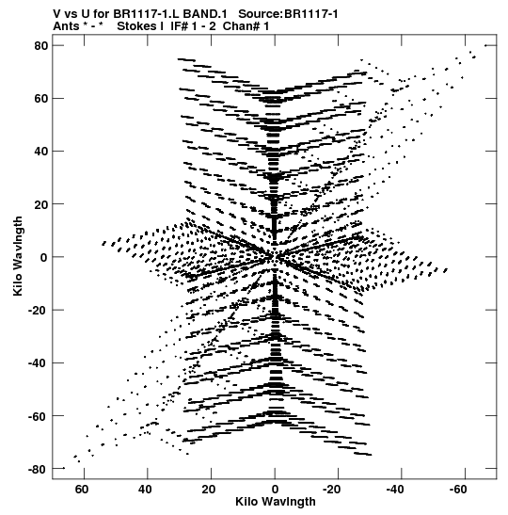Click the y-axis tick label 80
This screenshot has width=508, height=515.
(41, 45)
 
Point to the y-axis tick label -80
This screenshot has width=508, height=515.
(38, 470)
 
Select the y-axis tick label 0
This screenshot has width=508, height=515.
(44, 257)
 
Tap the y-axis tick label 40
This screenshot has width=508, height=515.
(41, 152)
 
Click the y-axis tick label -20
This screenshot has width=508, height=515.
(38, 310)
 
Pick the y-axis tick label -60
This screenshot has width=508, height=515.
(38, 416)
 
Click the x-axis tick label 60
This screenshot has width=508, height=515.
(82, 490)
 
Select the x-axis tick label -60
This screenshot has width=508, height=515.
(458, 490)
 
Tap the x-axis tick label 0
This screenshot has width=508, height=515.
(275, 490)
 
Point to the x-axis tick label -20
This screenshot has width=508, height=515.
(331, 490)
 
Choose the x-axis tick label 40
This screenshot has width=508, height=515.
(145, 490)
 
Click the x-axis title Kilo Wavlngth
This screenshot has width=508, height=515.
(276, 502)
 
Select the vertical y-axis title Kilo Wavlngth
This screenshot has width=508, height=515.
(18, 256)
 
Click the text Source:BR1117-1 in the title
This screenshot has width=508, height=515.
(288, 14)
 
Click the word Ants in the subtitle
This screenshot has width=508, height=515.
(66, 26)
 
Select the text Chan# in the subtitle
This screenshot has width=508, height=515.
(242, 26)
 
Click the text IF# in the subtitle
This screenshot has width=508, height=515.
(179, 26)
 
